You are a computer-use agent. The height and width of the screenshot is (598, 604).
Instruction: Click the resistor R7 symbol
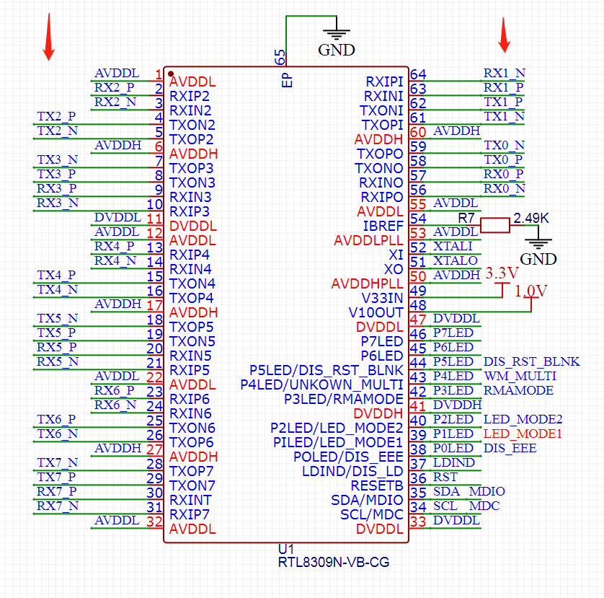[x=494, y=226]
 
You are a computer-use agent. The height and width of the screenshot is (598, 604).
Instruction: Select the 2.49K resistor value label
[x=530, y=218]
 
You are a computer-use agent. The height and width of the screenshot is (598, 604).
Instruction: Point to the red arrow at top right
[x=505, y=34]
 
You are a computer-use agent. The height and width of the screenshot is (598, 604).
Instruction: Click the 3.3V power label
[x=502, y=273]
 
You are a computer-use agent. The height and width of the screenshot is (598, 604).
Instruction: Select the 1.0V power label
[x=531, y=291]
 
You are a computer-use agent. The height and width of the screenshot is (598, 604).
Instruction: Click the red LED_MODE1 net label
[x=523, y=434]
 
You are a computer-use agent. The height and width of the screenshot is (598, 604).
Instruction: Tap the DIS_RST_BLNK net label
[x=531, y=361]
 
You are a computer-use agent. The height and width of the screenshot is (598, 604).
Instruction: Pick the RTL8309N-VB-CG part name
[x=334, y=562]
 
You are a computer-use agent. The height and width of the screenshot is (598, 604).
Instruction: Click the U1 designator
[x=286, y=550]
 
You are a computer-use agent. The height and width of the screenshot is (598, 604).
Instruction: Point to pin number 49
[x=418, y=291]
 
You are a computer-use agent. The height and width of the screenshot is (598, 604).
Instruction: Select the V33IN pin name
[x=382, y=298]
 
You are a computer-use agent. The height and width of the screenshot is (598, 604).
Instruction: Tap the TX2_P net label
[x=56, y=116]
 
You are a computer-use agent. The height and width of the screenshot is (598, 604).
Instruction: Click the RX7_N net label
[x=58, y=506]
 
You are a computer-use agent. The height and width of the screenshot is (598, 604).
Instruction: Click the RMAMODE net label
[x=518, y=390]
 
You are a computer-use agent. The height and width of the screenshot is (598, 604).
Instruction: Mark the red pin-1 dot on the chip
[x=171, y=73]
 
